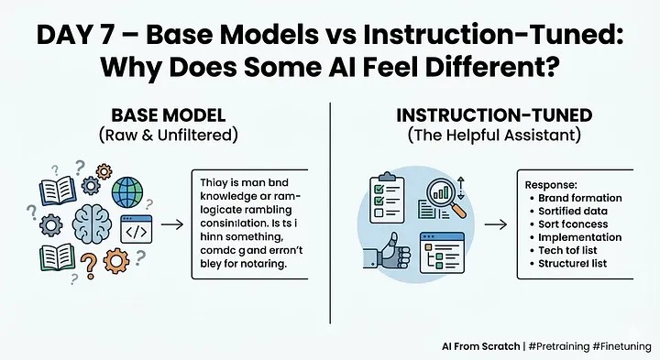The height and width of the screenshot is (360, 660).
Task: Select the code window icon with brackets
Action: (x=136, y=231)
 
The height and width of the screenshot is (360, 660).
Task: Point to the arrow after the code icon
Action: (x=170, y=223)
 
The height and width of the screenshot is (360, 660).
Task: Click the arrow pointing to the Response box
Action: (x=495, y=223)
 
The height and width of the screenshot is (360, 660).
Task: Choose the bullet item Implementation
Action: (x=581, y=237)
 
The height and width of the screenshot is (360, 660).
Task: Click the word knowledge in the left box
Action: (x=233, y=196)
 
